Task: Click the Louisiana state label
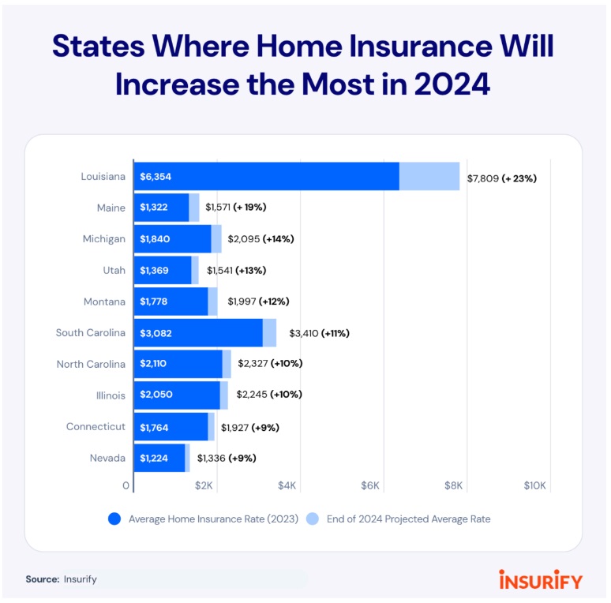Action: tap(103, 177)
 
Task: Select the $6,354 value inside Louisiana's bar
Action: tap(155, 177)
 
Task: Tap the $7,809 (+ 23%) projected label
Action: tap(501, 178)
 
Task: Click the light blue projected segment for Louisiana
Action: tap(429, 176)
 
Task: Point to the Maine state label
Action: tap(111, 208)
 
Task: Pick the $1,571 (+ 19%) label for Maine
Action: tap(236, 208)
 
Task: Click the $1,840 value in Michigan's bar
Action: tap(155, 239)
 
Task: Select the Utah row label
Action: tap(114, 270)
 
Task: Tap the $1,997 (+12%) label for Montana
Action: tap(258, 301)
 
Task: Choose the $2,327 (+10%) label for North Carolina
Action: tap(270, 364)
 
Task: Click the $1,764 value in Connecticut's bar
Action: tap(154, 427)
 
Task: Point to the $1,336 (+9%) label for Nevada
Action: tap(227, 458)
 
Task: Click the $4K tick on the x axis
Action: tap(287, 485)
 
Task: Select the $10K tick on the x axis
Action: tap(534, 485)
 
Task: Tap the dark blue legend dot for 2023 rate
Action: tap(114, 519)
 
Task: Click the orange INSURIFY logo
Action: tap(541, 580)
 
